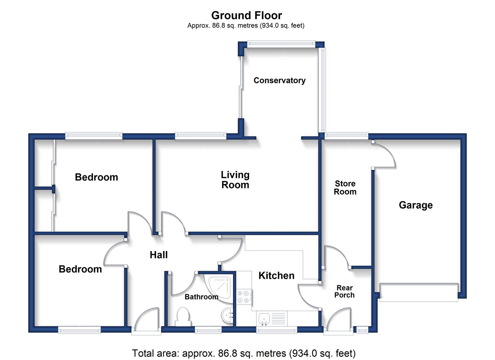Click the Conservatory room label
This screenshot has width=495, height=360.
[279, 80]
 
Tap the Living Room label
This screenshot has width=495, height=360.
[235, 180]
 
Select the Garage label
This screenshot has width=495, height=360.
[416, 205]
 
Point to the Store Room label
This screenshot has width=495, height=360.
[345, 188]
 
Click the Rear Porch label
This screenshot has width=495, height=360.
[344, 291]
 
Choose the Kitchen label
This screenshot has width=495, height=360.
[276, 275]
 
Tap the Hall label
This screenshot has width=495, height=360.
[159, 255]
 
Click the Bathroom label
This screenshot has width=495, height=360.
[201, 297]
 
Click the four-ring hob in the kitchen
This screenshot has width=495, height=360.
[243, 297]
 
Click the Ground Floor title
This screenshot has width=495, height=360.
[247, 15]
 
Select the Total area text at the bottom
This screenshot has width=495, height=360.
[244, 353]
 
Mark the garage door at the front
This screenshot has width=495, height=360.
[419, 292]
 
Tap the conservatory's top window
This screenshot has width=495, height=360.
[281, 43]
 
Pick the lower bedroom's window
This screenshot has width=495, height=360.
[79, 330]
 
